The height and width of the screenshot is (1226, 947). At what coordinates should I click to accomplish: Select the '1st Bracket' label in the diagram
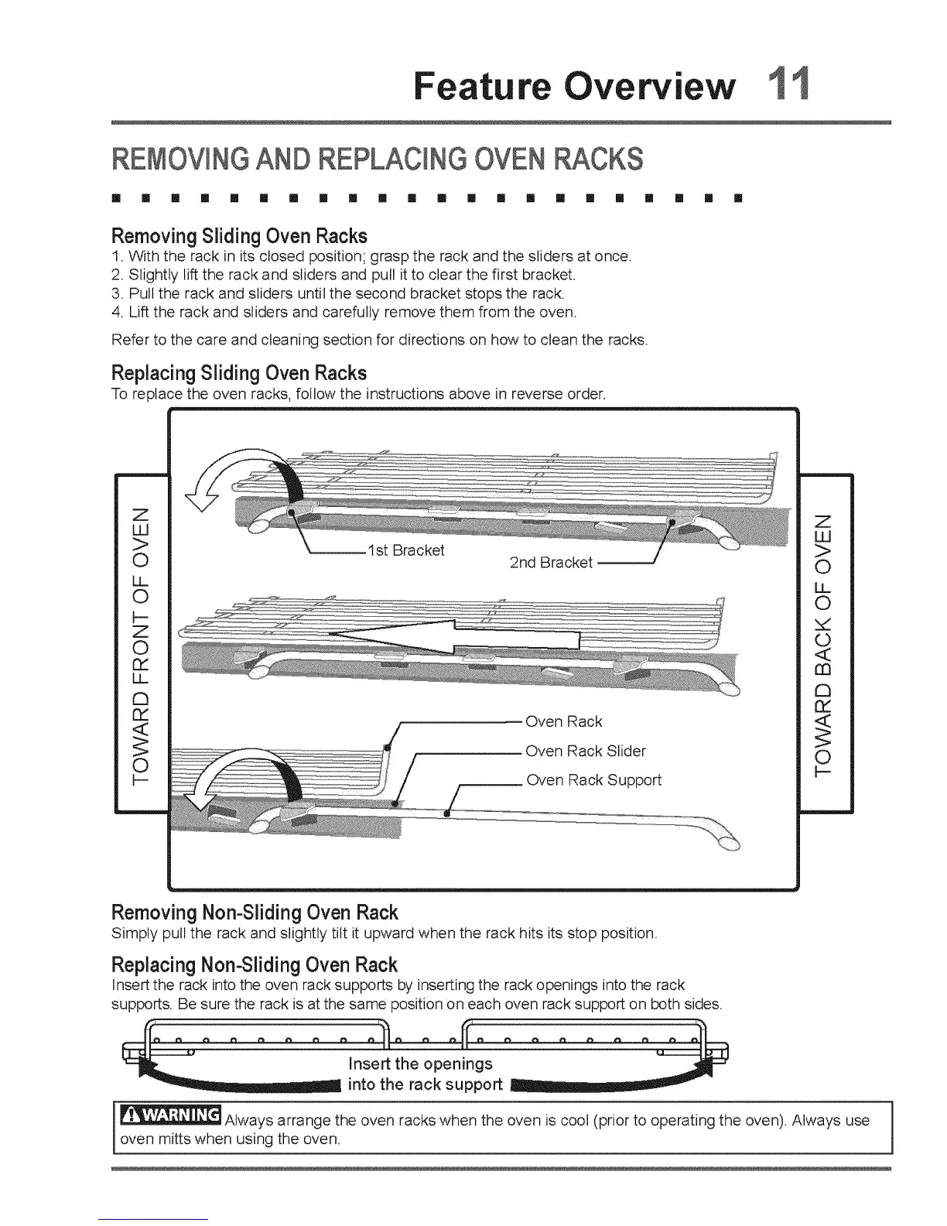[x=406, y=550]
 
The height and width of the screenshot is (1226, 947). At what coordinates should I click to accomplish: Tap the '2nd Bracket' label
[x=551, y=563]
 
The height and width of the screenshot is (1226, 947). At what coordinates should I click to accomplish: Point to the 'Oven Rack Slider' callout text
[x=585, y=751]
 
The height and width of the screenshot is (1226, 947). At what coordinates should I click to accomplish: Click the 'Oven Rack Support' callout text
[x=593, y=779]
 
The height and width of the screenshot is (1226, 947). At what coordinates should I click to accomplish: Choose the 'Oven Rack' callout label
[x=563, y=721]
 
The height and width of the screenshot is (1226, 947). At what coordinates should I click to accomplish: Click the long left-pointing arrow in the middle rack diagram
[x=453, y=638]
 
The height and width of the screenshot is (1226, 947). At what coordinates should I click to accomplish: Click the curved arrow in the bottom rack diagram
[x=248, y=783]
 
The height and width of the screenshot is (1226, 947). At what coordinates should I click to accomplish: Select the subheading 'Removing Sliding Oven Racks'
[x=239, y=235]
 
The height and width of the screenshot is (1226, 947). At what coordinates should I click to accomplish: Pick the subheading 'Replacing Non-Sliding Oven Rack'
[x=255, y=965]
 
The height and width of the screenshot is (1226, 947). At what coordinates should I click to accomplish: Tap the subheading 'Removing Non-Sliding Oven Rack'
[x=255, y=911]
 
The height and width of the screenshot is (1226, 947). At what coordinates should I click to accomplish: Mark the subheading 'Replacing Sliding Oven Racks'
[x=239, y=372]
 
